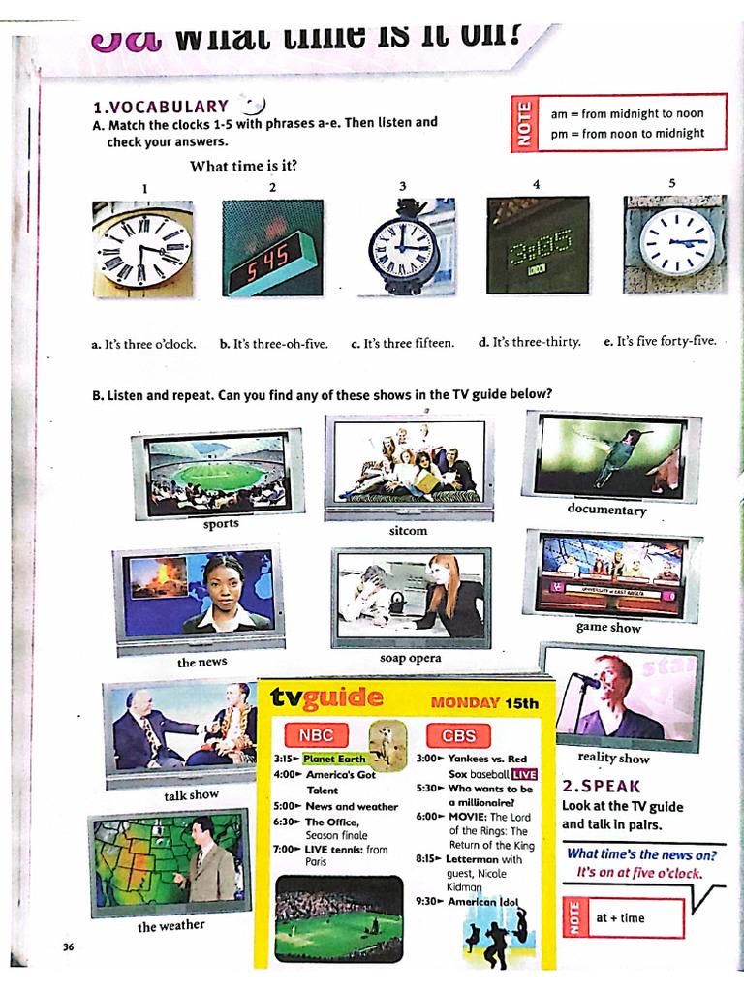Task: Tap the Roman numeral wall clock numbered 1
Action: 143,250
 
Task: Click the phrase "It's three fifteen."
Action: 402,343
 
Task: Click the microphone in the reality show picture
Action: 585,680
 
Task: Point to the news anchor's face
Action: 223,583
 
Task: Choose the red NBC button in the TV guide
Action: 316,734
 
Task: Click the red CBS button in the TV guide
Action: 458,734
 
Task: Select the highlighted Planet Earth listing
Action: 334,759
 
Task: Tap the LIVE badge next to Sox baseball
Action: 524,774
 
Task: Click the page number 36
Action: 68,946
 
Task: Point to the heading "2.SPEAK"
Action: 601,786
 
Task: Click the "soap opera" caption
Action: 410,658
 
